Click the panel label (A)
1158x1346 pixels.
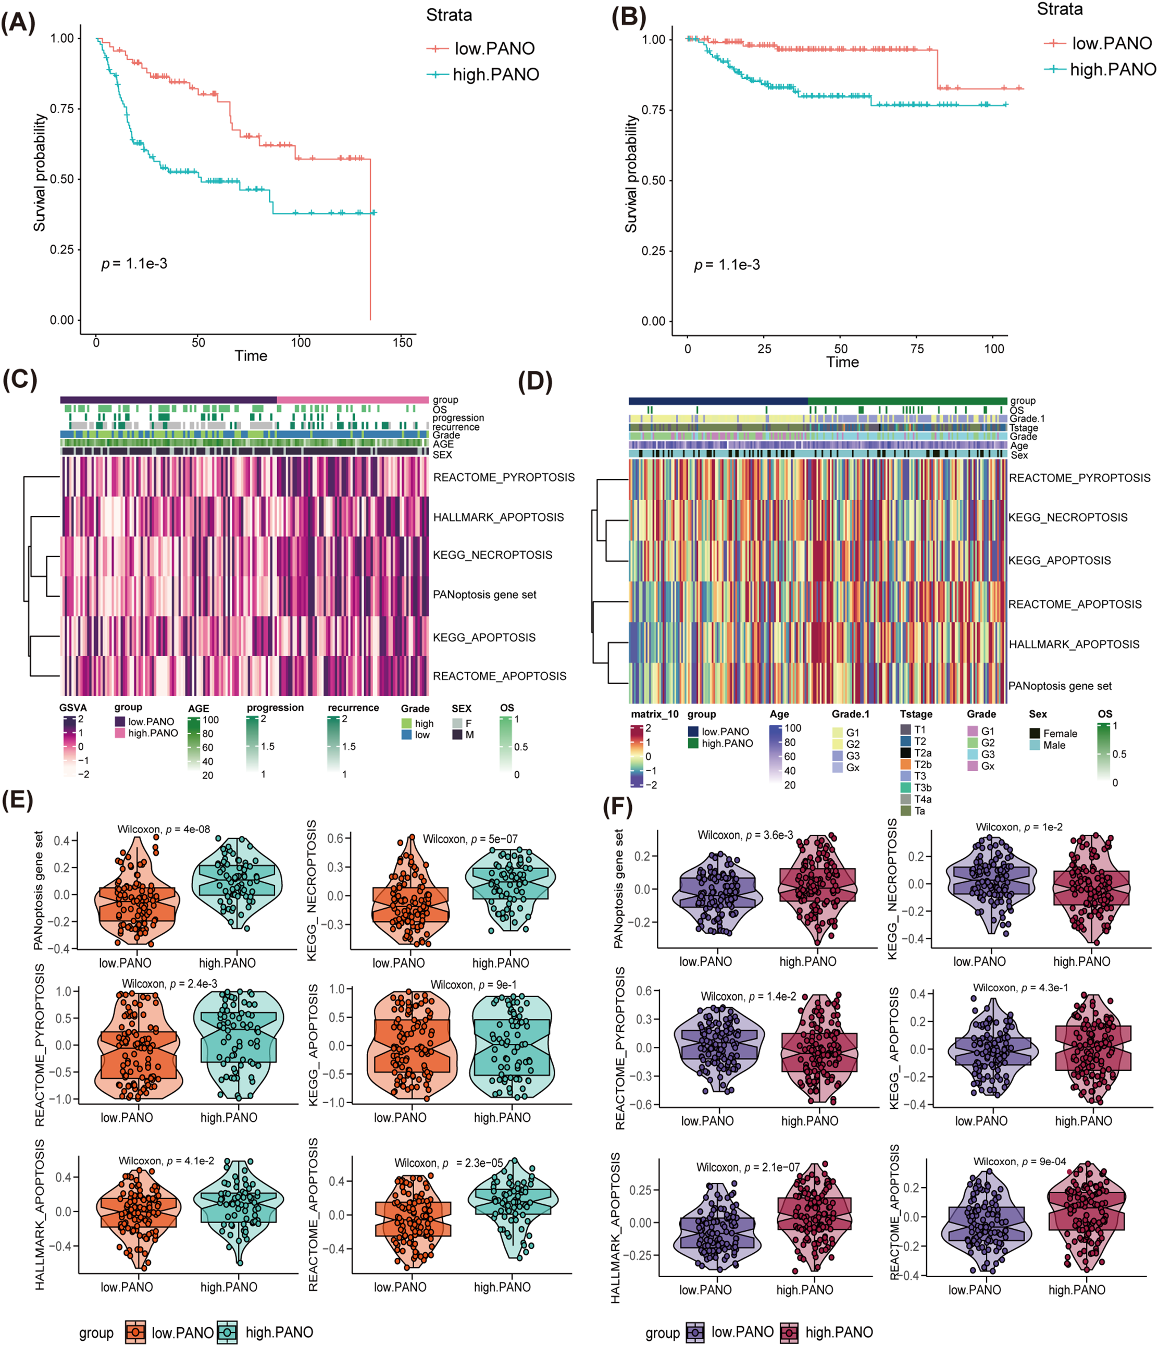[x=18, y=23]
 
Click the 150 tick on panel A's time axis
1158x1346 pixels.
[x=402, y=342]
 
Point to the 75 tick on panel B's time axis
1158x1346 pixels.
[x=916, y=349]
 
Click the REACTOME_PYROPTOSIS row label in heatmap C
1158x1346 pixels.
[x=503, y=477]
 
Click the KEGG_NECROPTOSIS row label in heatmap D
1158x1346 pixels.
[x=1068, y=518]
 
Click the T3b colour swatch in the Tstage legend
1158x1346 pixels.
[x=905, y=788]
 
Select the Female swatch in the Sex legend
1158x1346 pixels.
[x=1035, y=733]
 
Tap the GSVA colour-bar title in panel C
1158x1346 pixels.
[x=73, y=708]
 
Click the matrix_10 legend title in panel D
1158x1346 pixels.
[x=654, y=714]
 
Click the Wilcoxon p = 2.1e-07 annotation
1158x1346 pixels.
[x=748, y=1167]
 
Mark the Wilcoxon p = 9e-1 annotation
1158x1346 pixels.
[x=474, y=985]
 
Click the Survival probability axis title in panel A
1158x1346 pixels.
[x=40, y=173]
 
